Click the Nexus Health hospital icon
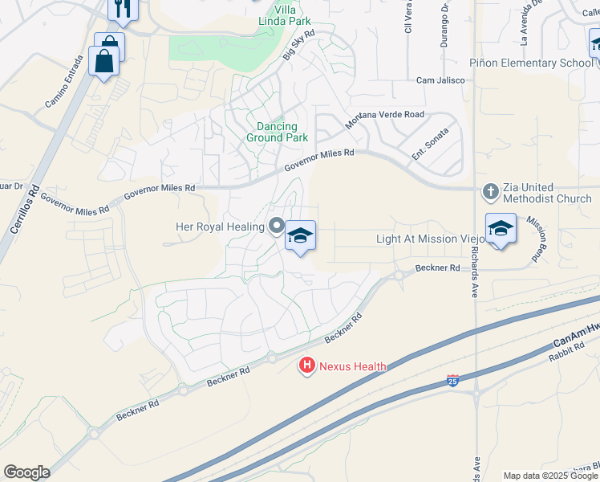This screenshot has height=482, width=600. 306,366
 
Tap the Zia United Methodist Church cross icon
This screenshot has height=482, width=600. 490,193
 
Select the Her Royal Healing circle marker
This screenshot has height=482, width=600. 276,227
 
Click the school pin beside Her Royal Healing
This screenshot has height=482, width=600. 300,236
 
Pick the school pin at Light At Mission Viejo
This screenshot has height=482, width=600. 501,229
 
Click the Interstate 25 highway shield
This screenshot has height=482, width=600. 453,378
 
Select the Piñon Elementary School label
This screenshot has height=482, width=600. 529,63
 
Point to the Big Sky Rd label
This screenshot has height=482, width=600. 298,46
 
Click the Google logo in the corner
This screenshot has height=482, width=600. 26,472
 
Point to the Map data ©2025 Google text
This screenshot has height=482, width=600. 550,476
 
